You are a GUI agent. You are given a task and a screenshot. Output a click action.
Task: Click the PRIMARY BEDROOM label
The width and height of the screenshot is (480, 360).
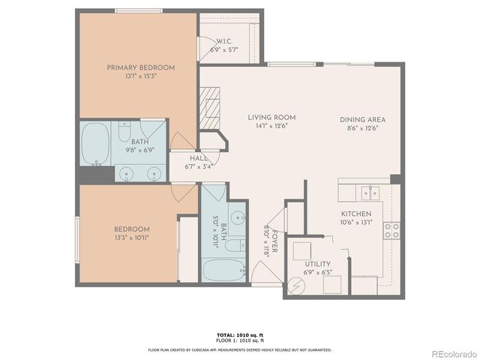[140, 67]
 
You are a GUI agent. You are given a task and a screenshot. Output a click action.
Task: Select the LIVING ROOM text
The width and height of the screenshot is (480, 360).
[271, 118]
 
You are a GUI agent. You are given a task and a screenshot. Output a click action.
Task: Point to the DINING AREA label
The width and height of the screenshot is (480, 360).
[362, 119]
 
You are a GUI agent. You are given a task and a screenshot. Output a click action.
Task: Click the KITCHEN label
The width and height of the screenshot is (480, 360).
[355, 214]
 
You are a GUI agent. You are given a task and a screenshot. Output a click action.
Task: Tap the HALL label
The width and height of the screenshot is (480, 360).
[198, 158]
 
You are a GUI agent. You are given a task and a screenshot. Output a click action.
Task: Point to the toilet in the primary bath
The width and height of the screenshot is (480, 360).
[125, 133]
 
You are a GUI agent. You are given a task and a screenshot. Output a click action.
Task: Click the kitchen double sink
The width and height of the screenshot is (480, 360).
[367, 192]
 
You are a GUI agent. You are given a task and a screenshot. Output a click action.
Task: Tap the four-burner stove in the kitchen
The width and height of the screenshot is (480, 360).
[391, 230]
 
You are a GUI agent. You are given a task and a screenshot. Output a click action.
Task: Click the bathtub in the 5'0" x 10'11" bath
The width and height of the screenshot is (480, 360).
[223, 268]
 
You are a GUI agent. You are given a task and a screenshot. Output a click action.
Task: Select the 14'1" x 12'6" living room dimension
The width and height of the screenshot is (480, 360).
[271, 127]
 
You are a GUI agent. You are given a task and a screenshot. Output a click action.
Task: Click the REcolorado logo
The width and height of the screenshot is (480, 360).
[448, 352]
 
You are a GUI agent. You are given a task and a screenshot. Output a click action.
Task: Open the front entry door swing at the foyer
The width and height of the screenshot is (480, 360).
[263, 274]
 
